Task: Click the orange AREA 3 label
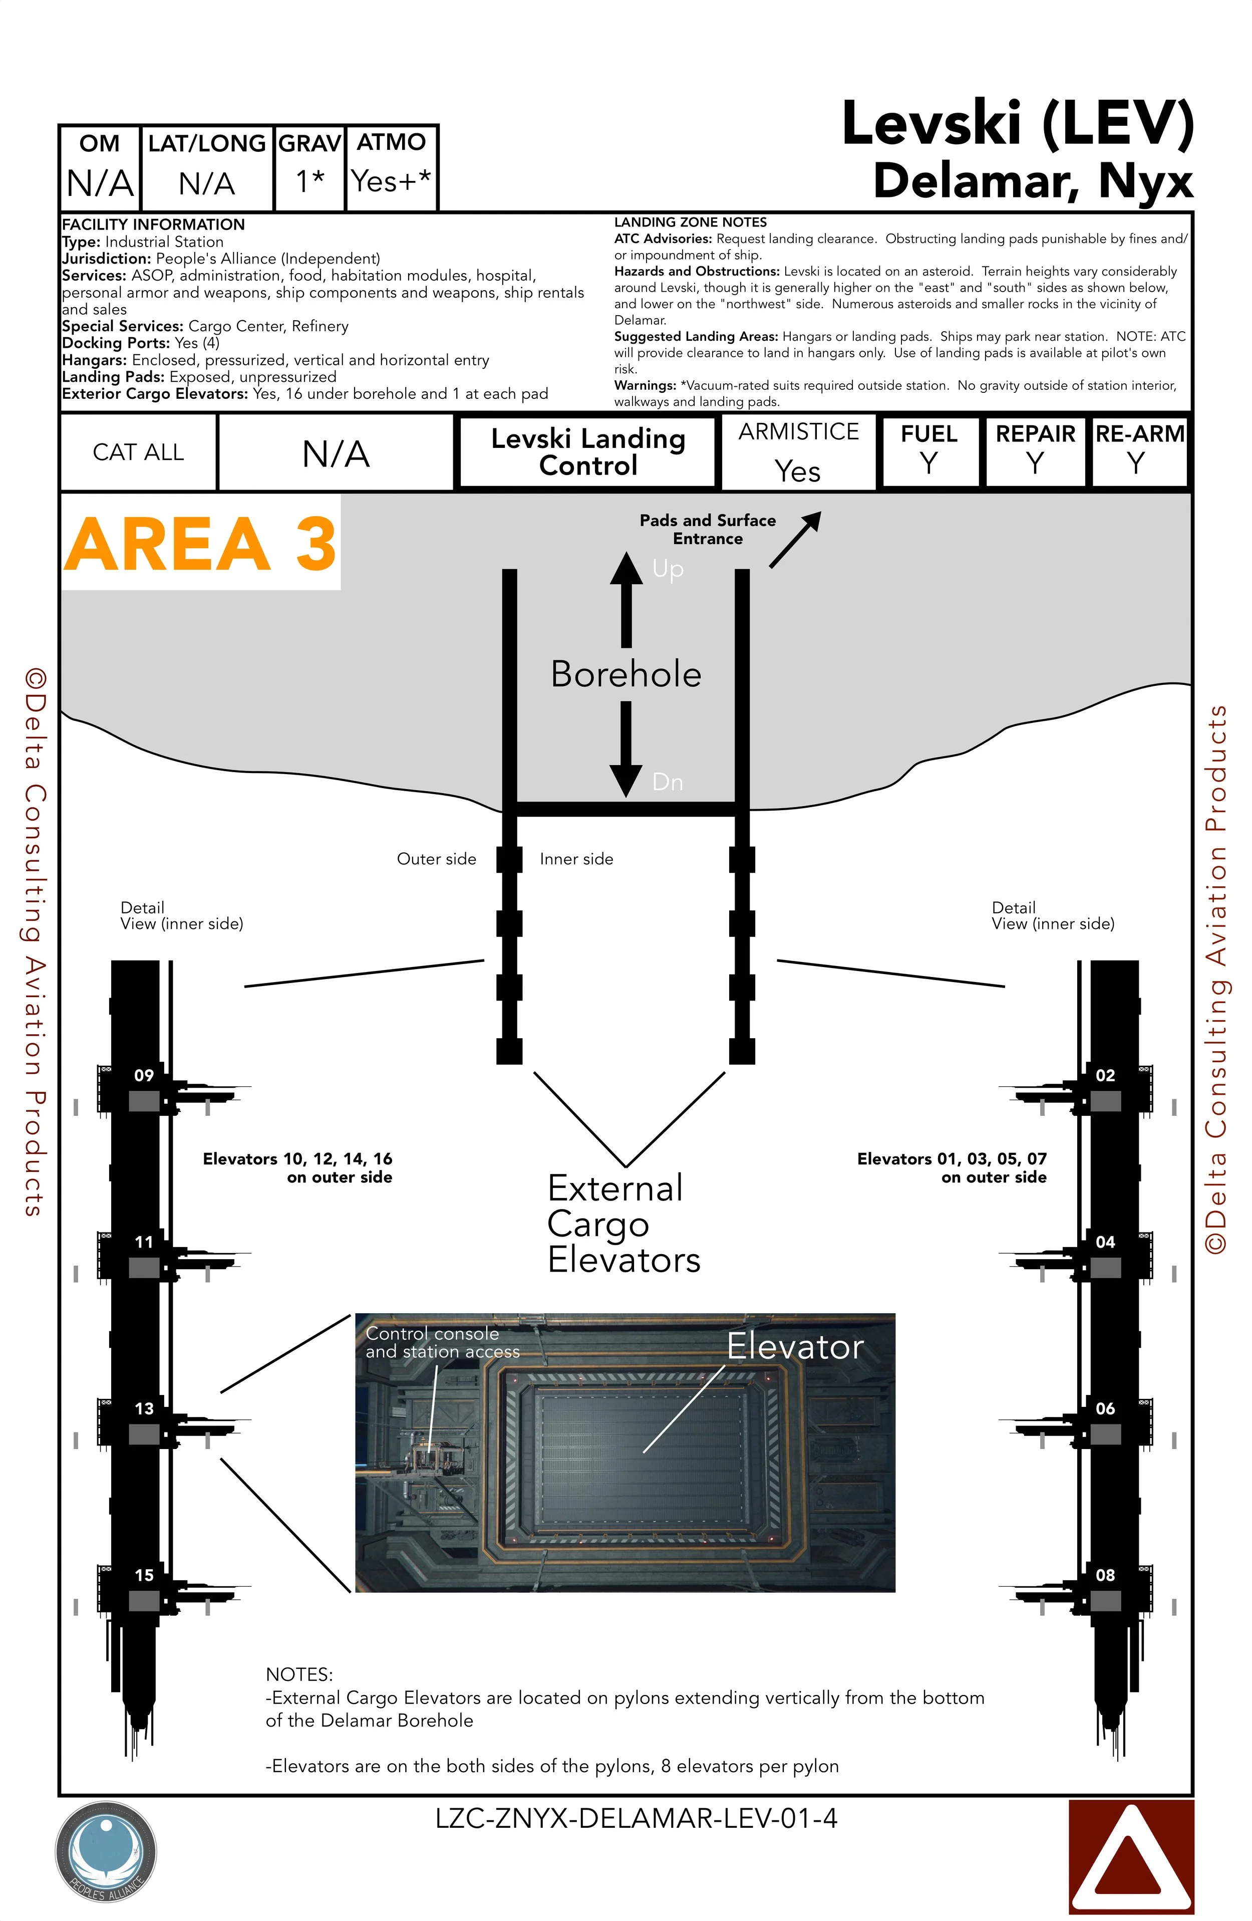(x=200, y=543)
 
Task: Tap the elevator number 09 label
(x=144, y=1075)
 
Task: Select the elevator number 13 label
(x=144, y=1408)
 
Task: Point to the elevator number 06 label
(x=1105, y=1408)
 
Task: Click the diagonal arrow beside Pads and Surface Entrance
(x=795, y=539)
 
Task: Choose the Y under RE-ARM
(x=1136, y=463)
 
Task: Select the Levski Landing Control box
(x=588, y=452)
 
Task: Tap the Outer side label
(x=436, y=859)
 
